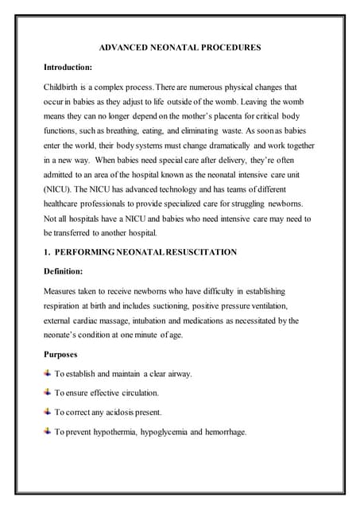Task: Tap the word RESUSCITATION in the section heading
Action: [196, 252]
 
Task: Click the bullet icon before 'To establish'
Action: [48, 373]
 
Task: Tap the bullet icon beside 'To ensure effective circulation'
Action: [48, 393]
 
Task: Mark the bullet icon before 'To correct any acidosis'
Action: [48, 412]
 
